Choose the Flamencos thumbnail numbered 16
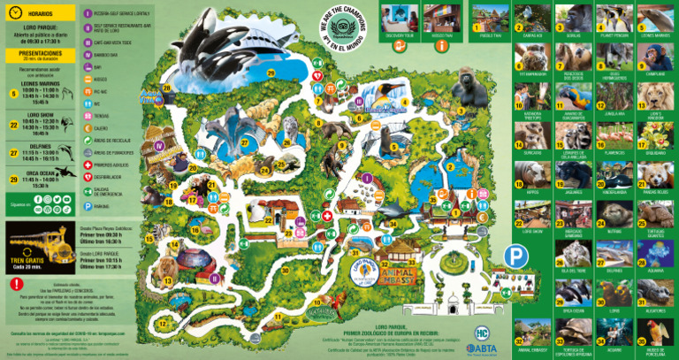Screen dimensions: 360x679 (614, 134)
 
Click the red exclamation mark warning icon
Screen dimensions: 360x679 (15, 284)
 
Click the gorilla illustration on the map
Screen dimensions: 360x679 (466, 89)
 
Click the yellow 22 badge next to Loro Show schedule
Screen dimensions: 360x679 (14, 125)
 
